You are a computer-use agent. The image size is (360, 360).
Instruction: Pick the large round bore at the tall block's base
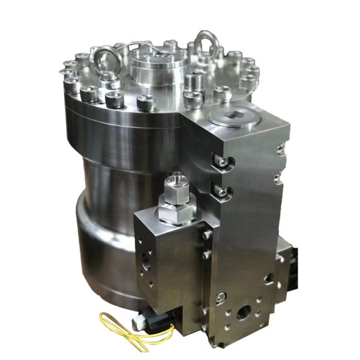tap(244, 313)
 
